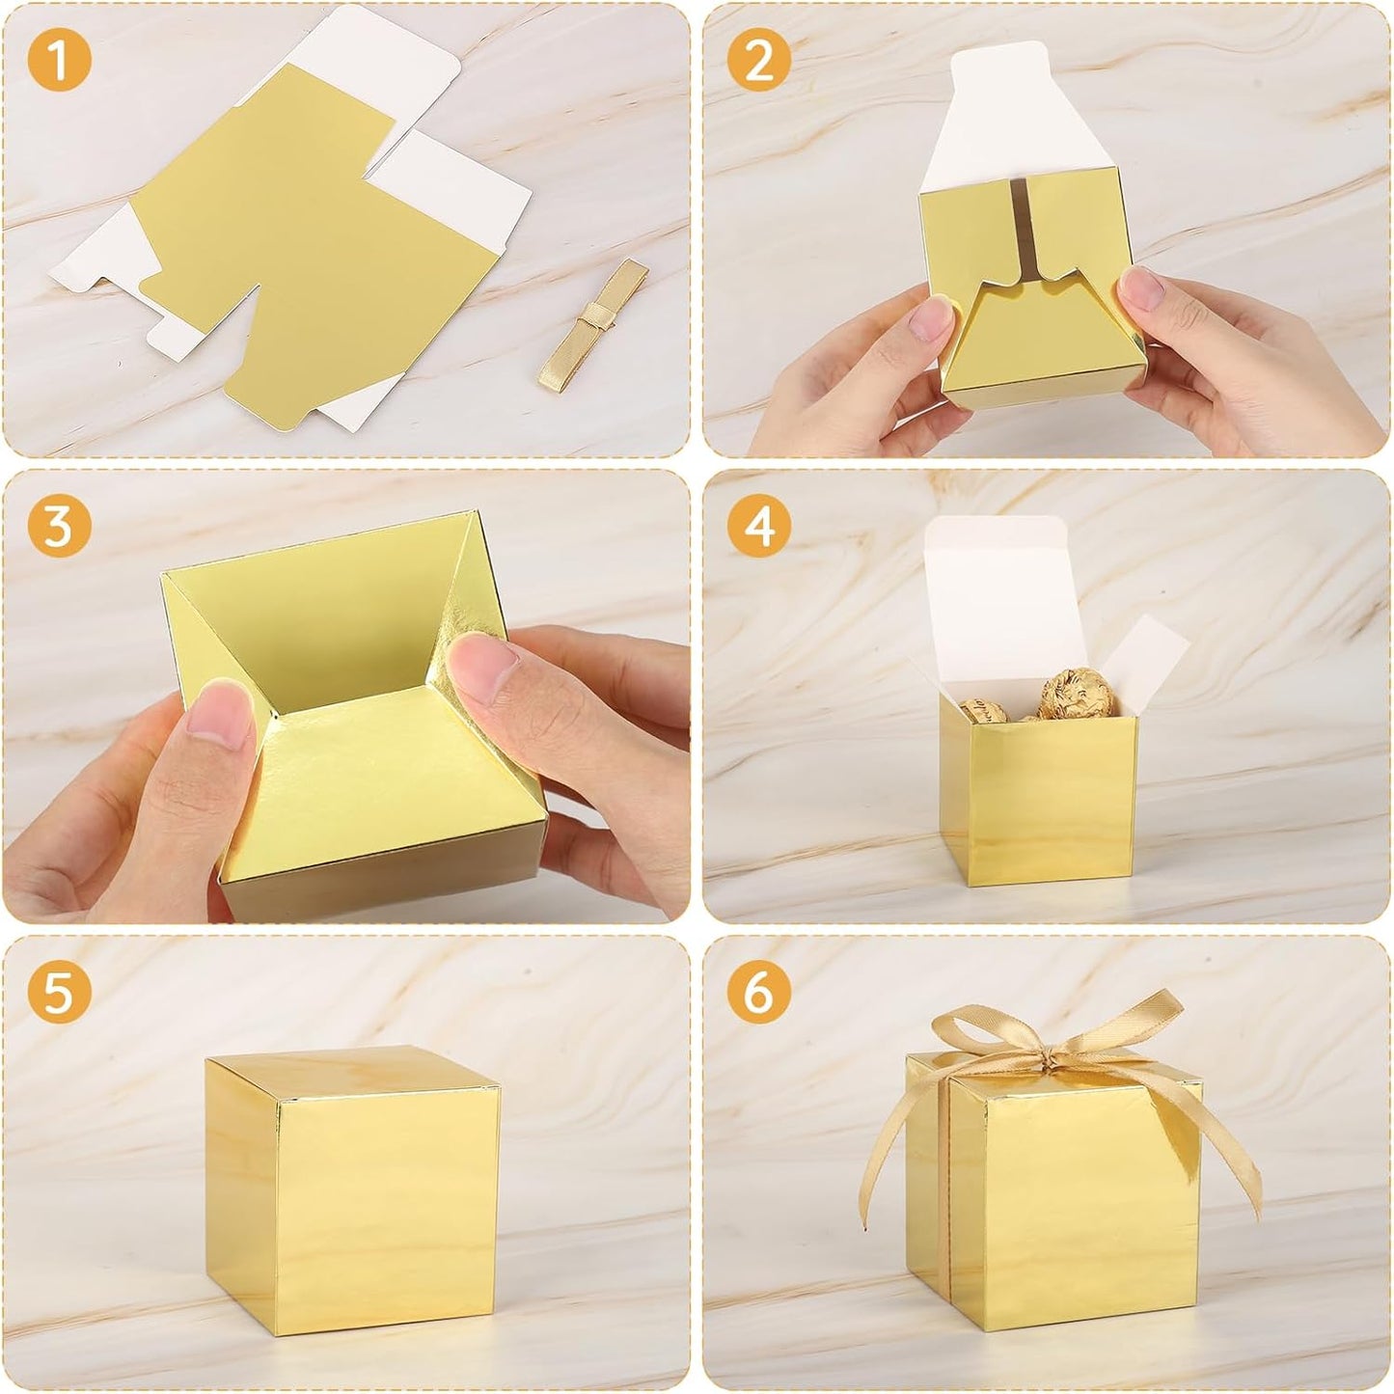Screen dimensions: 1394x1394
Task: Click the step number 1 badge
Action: click(59, 61)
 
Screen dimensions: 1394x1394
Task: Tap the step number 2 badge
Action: click(760, 61)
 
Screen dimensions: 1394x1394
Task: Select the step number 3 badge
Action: click(59, 527)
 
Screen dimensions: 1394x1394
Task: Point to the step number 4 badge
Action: click(760, 527)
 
